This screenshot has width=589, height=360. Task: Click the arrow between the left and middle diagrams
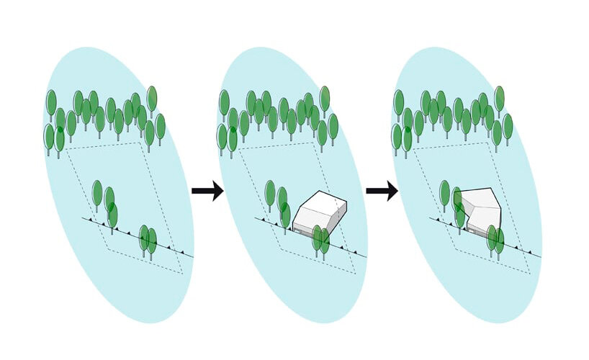[207, 191]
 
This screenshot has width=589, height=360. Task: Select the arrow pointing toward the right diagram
[382, 191]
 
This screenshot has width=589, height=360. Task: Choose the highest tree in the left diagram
[152, 97]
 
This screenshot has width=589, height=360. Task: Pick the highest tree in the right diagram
[499, 98]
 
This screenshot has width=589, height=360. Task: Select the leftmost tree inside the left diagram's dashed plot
[97, 192]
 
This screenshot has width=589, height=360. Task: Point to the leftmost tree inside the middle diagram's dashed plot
[270, 192]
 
